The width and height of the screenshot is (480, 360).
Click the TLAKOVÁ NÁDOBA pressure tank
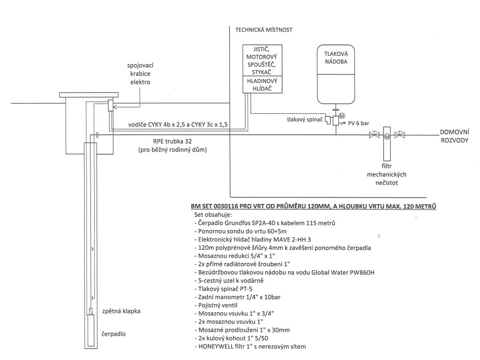[x=336, y=75]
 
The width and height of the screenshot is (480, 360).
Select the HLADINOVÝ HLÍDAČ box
[x=262, y=85]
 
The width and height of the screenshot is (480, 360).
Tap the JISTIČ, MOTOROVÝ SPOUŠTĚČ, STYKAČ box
[x=262, y=60]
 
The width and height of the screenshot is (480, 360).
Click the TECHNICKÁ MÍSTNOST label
[x=264, y=30]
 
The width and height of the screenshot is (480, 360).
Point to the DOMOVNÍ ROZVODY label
[x=455, y=136]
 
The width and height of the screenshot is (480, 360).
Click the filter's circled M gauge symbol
[x=387, y=136]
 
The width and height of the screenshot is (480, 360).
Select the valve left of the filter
[x=375, y=135]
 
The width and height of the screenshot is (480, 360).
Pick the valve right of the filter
[x=399, y=135]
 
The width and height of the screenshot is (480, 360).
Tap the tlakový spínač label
[x=305, y=120]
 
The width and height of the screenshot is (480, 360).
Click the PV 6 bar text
[x=359, y=123]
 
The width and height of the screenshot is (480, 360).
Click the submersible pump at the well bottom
[x=91, y=330]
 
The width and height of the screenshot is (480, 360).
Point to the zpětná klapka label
[x=121, y=311]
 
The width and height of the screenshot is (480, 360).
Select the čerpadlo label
[x=113, y=334]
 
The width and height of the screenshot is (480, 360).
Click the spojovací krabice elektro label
[x=140, y=74]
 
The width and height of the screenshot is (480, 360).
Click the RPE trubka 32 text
[x=172, y=142]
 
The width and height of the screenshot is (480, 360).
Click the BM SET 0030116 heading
[x=314, y=206]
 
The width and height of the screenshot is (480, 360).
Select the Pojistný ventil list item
[x=216, y=305]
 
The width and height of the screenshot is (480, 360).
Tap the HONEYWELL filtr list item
[x=250, y=346]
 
